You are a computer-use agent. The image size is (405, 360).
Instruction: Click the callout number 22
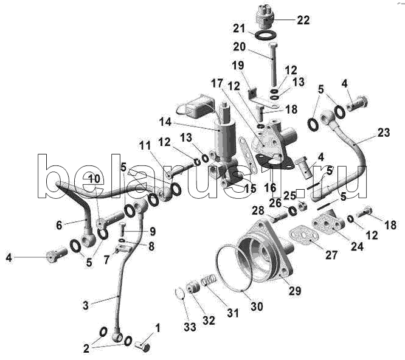point(303,20)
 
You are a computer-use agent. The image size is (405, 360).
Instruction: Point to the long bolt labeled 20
point(273,65)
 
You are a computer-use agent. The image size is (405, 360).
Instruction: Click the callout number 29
point(295,291)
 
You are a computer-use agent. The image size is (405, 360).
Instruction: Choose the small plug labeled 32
point(193,288)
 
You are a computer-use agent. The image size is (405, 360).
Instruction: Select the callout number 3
point(86,305)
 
